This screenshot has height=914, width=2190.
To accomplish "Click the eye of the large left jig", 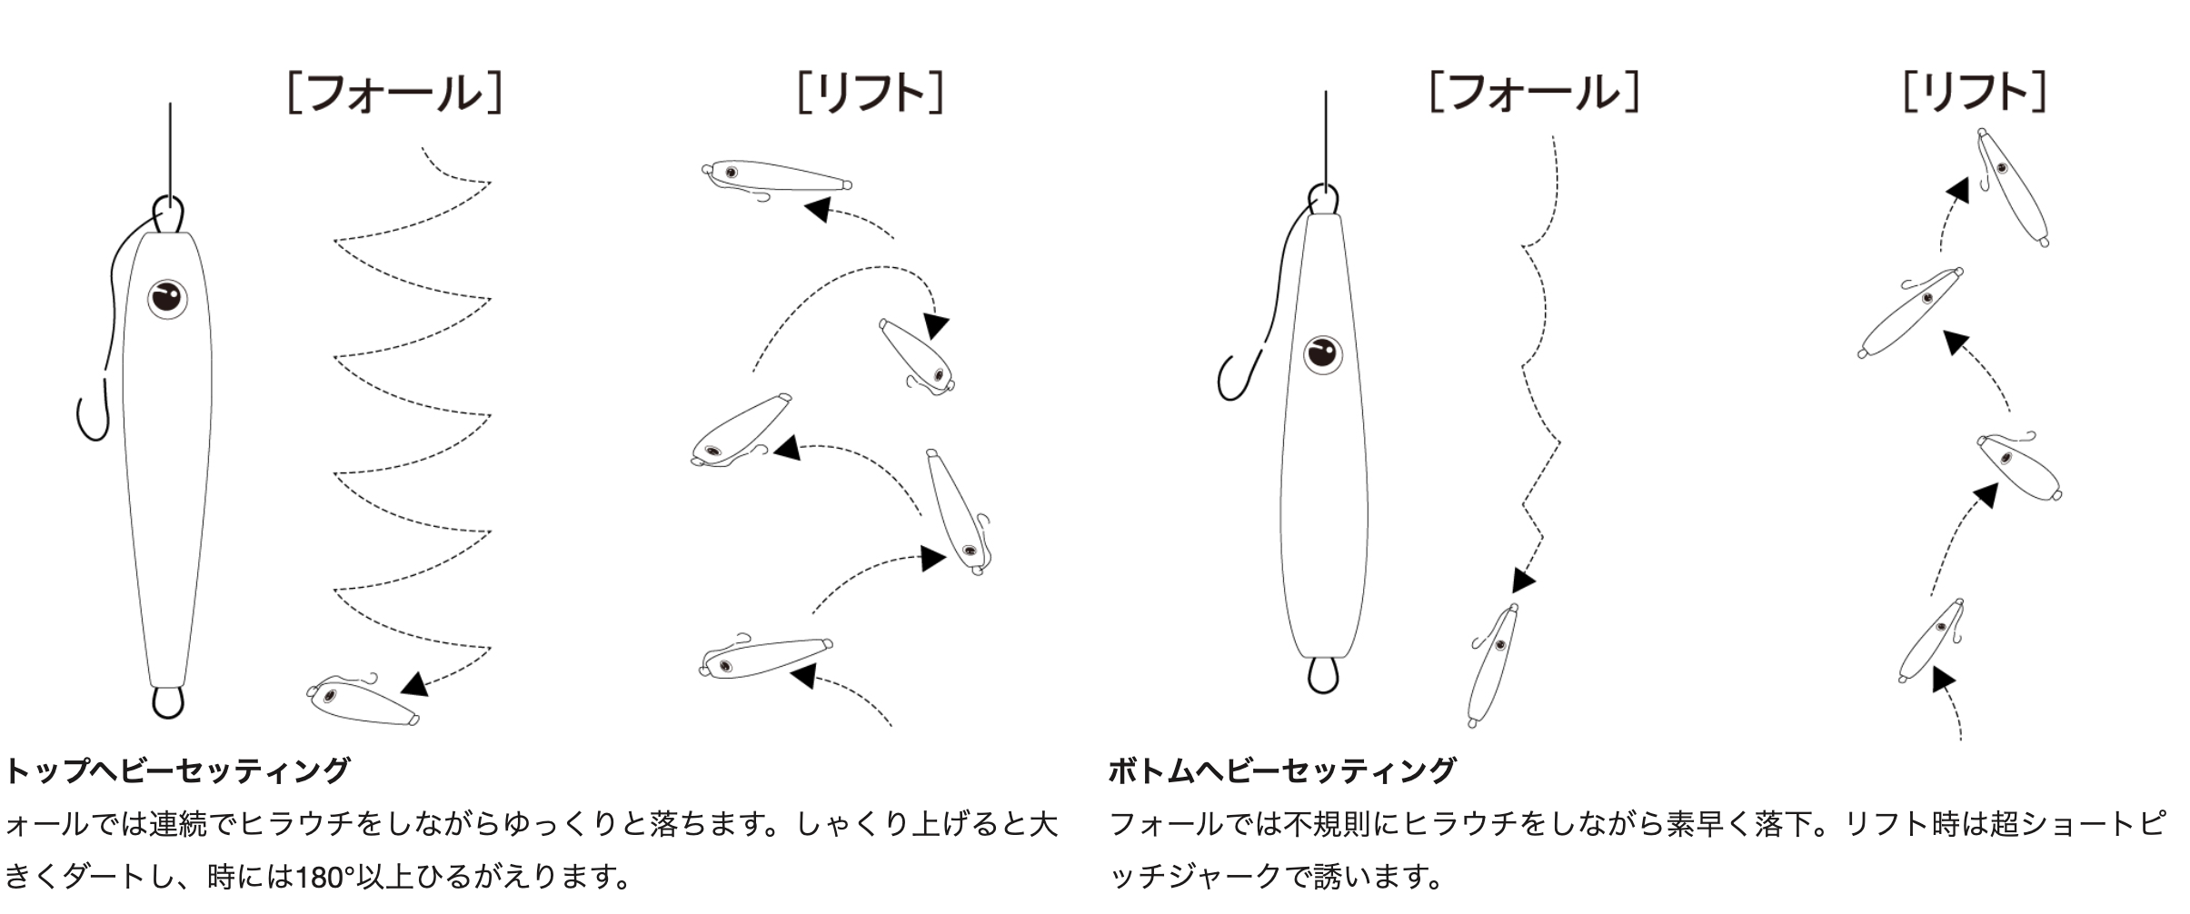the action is [167, 298].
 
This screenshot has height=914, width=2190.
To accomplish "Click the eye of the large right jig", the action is [1322, 354].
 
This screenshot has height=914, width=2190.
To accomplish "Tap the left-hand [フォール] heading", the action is [394, 93].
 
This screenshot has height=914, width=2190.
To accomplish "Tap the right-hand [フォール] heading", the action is [1535, 92].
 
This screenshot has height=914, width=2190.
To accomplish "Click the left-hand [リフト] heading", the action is [871, 93].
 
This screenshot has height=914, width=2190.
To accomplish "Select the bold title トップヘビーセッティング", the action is [178, 770].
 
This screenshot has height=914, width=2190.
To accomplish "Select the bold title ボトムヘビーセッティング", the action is [1282, 770].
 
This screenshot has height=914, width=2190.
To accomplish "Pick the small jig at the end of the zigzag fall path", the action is [363, 701].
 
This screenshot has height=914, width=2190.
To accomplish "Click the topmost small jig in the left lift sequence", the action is [777, 176].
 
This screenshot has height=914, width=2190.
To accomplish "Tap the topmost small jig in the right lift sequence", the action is [2012, 187].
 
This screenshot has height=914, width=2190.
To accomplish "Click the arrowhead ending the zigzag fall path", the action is [415, 684].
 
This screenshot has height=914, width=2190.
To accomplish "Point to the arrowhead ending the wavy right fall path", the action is [1523, 580].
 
